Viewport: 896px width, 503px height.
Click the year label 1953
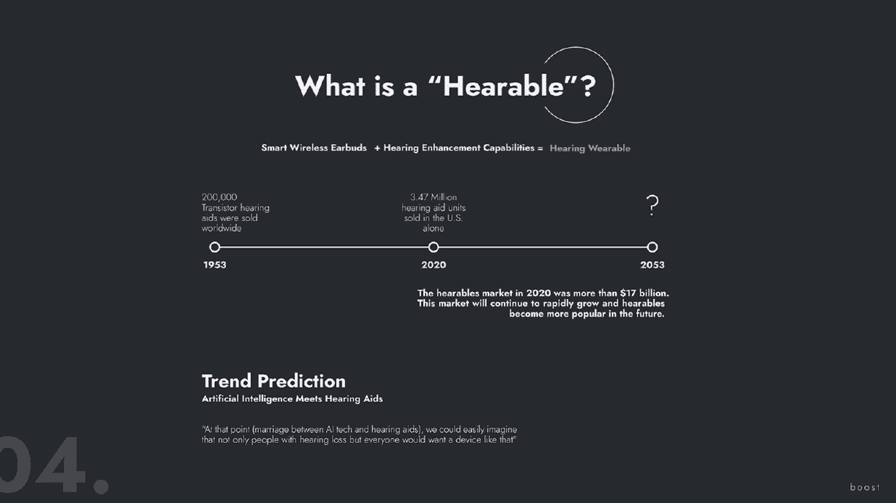pos(215,265)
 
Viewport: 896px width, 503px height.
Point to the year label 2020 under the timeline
pos(434,265)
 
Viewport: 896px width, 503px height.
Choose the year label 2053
pos(652,265)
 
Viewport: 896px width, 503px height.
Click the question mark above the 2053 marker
pos(652,206)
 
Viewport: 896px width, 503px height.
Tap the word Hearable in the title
pos(504,86)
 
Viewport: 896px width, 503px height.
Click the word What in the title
pos(331,86)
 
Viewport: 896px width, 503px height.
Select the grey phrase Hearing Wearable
pos(590,149)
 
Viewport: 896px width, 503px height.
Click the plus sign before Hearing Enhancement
pos(377,149)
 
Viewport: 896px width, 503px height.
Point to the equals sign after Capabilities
pos(540,149)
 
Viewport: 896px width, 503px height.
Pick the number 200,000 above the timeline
pos(219,197)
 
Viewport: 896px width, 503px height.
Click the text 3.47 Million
pos(434,197)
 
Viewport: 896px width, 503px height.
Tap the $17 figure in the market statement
pos(628,293)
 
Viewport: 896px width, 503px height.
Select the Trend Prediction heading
pos(273,381)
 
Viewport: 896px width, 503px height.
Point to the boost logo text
pos(865,487)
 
